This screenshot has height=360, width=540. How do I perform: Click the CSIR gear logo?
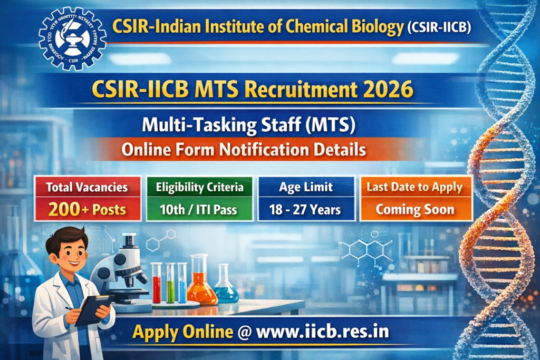(72, 38)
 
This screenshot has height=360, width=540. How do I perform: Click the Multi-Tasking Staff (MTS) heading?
(248, 125)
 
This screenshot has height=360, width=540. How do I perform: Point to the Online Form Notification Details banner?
(244, 150)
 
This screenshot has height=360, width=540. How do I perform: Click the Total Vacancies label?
(87, 187)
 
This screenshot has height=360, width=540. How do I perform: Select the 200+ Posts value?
(87, 209)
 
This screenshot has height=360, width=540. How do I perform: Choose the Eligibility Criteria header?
(199, 187)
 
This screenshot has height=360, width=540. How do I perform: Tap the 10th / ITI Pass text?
(199, 210)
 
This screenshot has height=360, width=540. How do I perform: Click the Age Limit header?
(306, 187)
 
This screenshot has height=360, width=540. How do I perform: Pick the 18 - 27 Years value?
(306, 210)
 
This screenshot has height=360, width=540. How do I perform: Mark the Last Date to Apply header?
(414, 187)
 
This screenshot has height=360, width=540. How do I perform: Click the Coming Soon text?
(414, 210)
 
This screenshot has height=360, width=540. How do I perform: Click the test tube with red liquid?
(157, 285)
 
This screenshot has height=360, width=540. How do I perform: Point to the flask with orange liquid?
(201, 285)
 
